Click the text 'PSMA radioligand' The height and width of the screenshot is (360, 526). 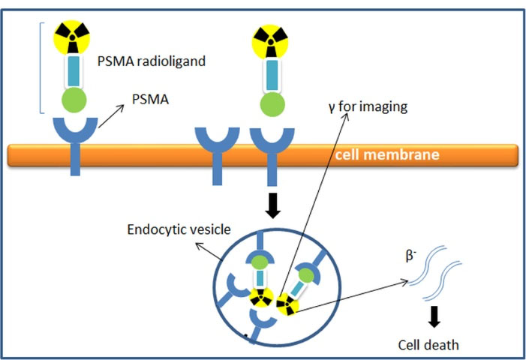[x=151, y=61]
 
